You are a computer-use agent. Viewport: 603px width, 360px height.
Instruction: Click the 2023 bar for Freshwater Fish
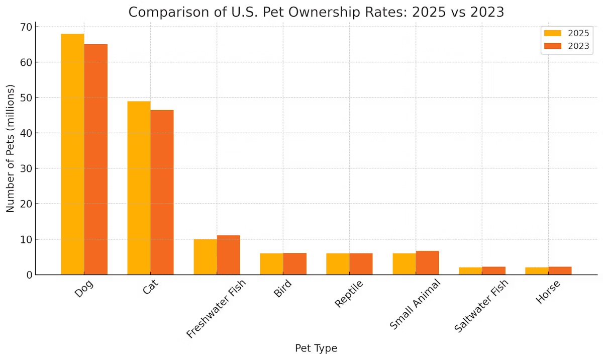(x=228, y=255)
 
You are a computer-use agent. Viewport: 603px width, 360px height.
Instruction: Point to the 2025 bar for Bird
(x=271, y=264)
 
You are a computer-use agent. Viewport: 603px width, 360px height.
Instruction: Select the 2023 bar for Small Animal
(x=427, y=263)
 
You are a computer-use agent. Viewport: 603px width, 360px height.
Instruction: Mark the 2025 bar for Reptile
(x=338, y=264)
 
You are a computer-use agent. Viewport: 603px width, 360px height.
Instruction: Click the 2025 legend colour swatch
(x=553, y=34)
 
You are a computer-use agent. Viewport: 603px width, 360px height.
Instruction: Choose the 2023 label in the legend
(x=578, y=47)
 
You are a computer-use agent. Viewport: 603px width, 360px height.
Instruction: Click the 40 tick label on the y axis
(x=25, y=133)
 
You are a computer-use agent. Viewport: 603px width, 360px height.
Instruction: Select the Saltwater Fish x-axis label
(x=481, y=305)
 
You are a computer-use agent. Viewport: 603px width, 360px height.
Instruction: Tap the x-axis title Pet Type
(x=316, y=348)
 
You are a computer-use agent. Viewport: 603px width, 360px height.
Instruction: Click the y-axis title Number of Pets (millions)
(x=10, y=148)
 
